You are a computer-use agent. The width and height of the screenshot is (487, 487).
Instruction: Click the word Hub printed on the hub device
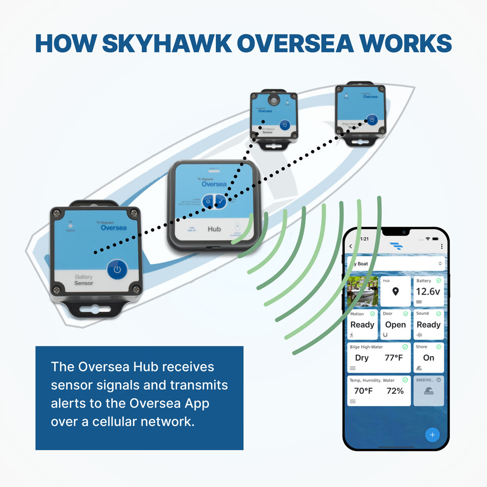(214, 228)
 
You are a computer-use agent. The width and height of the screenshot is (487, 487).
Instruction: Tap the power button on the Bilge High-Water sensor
(372, 120)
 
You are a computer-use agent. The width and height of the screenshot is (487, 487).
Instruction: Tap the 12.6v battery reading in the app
(428, 292)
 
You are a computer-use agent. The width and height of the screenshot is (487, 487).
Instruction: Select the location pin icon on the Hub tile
(395, 292)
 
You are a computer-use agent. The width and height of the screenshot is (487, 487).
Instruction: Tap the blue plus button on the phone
(432, 434)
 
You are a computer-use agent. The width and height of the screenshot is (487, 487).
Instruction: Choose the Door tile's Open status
(395, 325)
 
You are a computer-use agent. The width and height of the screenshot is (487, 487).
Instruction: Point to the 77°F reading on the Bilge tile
(393, 358)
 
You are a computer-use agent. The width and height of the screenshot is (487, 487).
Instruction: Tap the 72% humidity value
(395, 391)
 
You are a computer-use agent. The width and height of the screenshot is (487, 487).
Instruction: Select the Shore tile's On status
(429, 358)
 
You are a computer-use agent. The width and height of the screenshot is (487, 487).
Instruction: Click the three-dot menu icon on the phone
(442, 246)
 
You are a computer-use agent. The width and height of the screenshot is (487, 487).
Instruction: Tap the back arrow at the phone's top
(351, 246)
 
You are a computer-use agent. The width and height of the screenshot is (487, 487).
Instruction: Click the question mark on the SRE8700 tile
(439, 380)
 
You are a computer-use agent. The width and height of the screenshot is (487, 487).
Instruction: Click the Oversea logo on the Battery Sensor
(113, 227)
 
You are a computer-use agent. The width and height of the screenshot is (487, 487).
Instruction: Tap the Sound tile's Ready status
(429, 325)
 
